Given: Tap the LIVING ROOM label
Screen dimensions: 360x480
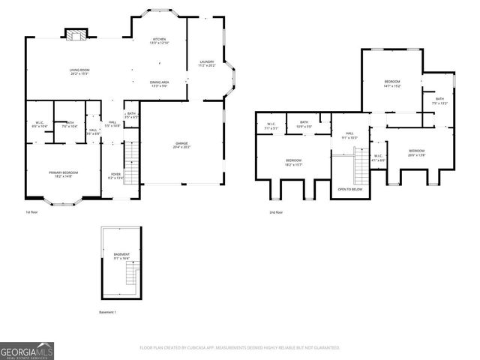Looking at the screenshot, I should click(x=80, y=71).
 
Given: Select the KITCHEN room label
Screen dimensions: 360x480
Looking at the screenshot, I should click(x=159, y=40).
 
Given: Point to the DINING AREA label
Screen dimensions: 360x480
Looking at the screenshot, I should click(x=159, y=83).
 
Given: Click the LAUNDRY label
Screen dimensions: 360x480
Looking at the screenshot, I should click(x=207, y=63).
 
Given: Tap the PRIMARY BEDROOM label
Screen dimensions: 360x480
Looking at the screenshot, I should click(x=64, y=174).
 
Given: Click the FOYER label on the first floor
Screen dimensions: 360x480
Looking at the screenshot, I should click(x=116, y=175).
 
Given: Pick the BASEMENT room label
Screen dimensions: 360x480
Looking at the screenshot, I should click(x=121, y=256).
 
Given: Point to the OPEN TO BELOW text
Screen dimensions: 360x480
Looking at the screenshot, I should click(x=351, y=190).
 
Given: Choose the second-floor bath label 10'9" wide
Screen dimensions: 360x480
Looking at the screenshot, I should click(x=304, y=124).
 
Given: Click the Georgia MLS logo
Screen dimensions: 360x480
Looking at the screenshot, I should click(x=26, y=349).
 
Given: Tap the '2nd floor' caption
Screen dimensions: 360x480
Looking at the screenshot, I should click(x=275, y=212).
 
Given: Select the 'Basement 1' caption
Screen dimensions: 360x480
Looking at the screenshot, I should click(x=108, y=312).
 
